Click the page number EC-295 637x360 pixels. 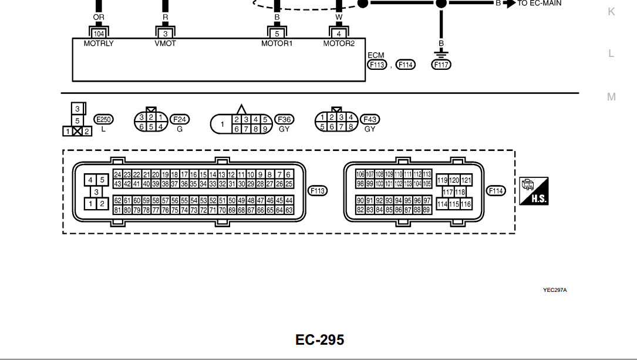[319, 339]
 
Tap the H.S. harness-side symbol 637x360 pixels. [533, 191]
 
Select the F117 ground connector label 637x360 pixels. [441, 65]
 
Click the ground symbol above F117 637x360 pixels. [441, 53]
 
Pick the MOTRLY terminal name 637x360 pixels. [99, 43]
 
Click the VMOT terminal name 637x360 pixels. [165, 43]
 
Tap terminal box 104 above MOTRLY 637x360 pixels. [99, 33]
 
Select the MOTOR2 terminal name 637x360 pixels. [339, 43]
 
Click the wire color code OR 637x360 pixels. [99, 18]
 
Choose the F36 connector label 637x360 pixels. [284, 119]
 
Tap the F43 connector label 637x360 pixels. [370, 119]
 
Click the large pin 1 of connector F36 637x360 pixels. [222, 124]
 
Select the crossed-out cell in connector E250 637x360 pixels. [77, 131]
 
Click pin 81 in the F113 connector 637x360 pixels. [118, 210]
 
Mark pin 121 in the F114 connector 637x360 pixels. [466, 180]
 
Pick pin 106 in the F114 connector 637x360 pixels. [360, 174]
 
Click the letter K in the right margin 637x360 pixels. [611, 12]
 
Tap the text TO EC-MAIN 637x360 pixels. [539, 3]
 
